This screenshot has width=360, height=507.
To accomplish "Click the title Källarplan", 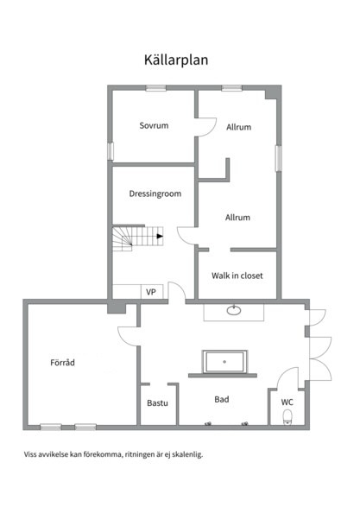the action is (x=176, y=60).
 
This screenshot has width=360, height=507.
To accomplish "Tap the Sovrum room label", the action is (x=154, y=125).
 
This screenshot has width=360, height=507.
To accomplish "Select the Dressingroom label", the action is (x=155, y=193).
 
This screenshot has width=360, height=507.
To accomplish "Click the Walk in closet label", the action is (x=237, y=276).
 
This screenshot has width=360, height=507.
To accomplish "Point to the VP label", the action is (x=151, y=292).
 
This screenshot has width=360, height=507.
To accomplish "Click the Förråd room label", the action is (x=62, y=362).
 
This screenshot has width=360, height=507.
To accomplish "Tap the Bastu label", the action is (x=157, y=402).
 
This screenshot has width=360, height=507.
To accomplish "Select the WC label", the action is (x=287, y=402).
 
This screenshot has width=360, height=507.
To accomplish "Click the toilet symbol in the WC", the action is (x=287, y=416).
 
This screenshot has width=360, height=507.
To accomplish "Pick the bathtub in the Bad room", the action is (x=225, y=362).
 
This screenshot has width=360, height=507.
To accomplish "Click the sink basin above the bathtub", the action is (x=234, y=310).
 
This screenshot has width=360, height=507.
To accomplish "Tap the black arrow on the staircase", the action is (x=160, y=237).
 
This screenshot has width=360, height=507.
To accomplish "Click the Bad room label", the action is (x=222, y=399).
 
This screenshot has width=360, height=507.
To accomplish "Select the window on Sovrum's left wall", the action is (x=111, y=151).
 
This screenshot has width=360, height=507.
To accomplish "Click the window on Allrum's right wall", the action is (x=278, y=158).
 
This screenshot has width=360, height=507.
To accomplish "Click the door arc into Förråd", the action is (x=123, y=339).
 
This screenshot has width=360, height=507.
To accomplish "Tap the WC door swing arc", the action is (x=283, y=373).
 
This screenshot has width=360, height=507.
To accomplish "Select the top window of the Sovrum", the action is (x=155, y=87).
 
